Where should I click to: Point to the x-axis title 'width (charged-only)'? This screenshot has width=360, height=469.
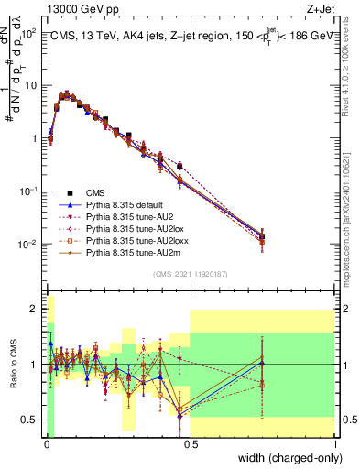[285, 459]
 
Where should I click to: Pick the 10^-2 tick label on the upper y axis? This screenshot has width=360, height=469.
[27, 245]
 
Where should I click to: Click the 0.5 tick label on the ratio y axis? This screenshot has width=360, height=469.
[29, 420]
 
